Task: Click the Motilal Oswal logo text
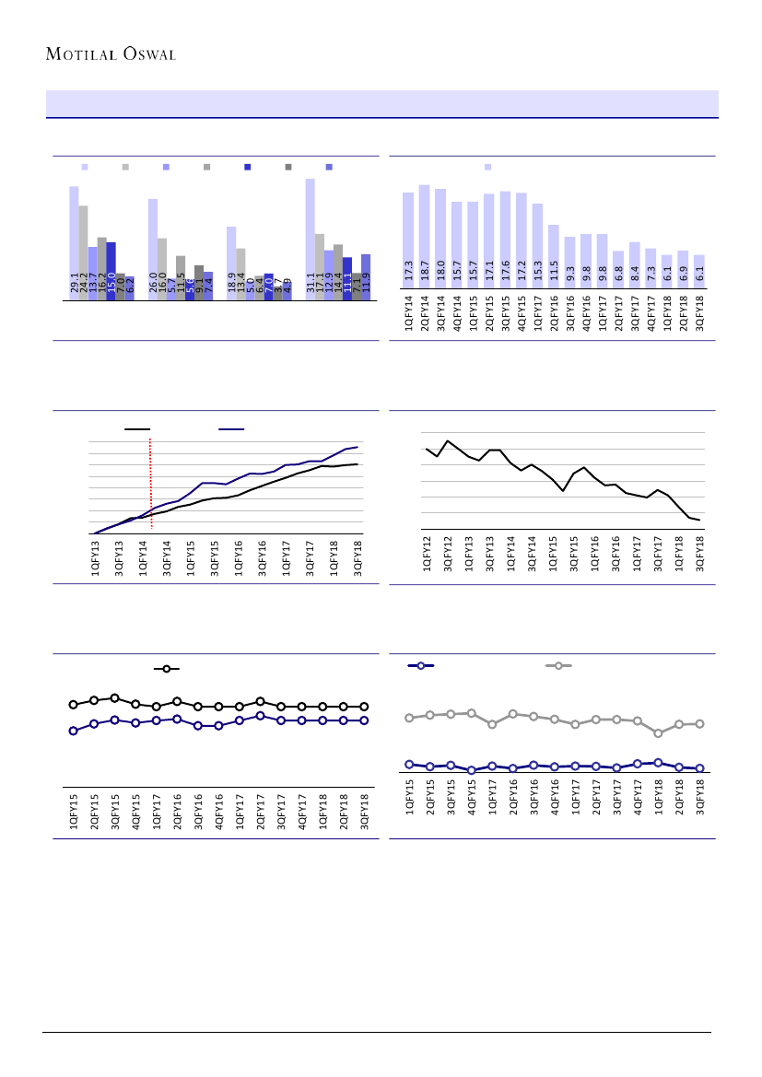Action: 111,53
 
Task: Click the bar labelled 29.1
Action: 74,244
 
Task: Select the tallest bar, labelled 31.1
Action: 311,240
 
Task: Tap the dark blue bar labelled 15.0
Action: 111,272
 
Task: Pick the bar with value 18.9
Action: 231,264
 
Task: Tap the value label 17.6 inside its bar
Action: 506,273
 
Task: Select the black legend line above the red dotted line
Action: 137,428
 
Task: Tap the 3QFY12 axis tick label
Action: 448,556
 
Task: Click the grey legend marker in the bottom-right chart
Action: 558,665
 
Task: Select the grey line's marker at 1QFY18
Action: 658,733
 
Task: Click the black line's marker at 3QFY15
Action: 114,698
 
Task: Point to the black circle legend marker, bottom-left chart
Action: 166,669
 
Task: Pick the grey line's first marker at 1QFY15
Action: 409,718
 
